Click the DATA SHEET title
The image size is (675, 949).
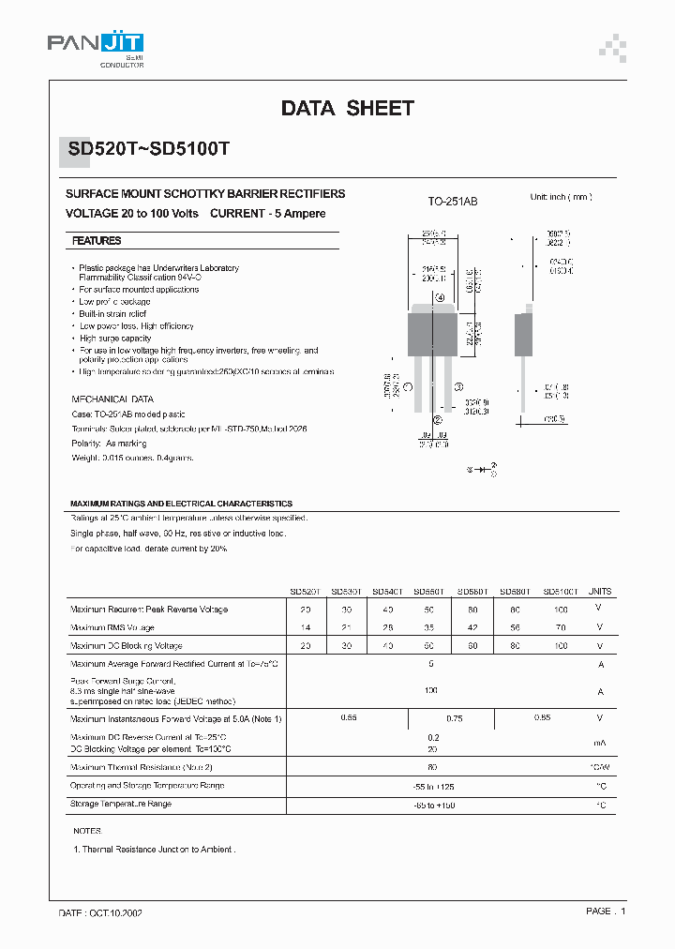click(x=347, y=109)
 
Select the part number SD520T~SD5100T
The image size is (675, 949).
click(x=155, y=149)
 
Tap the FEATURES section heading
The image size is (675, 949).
click(x=97, y=241)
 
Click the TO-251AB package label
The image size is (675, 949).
click(x=453, y=202)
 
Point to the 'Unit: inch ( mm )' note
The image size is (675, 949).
click(x=561, y=197)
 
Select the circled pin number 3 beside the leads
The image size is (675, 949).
click(x=458, y=386)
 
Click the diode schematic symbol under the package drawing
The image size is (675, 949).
click(x=482, y=467)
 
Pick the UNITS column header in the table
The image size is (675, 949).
click(x=600, y=592)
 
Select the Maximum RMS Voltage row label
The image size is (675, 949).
click(x=112, y=627)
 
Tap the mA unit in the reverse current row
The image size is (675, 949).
click(x=600, y=744)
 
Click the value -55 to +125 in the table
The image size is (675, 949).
click(x=433, y=786)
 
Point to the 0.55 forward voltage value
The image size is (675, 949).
click(x=349, y=717)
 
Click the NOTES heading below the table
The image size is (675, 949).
click(x=87, y=831)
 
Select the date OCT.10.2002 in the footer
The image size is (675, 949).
click(x=114, y=911)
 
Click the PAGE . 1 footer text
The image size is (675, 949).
click(x=606, y=911)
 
